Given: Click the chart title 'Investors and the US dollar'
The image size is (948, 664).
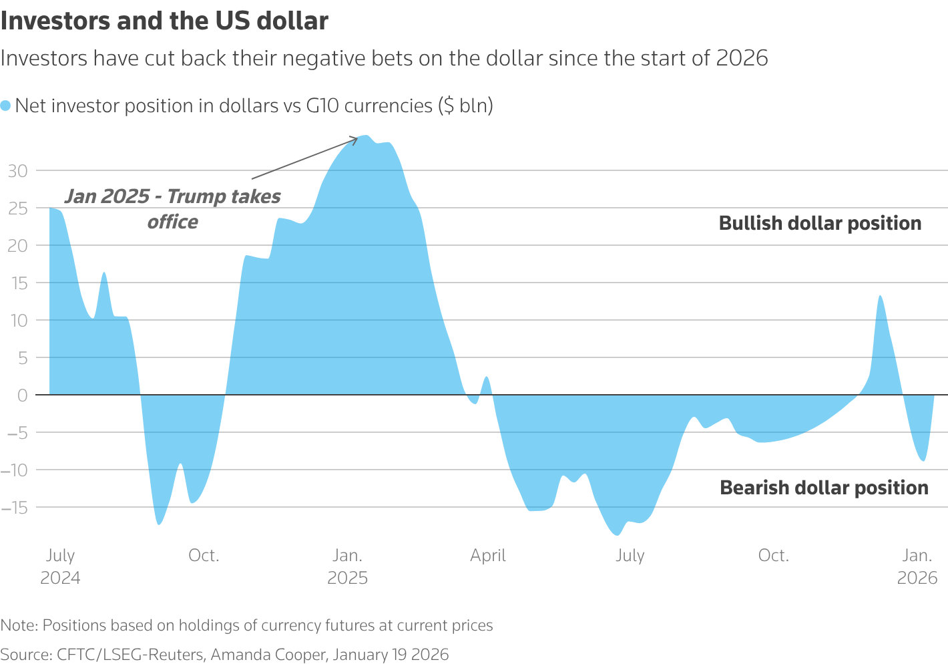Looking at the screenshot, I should tap(164, 21).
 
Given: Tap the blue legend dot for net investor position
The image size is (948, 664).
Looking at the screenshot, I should tap(6, 106).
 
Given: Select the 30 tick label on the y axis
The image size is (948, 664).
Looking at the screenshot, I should tap(17, 171).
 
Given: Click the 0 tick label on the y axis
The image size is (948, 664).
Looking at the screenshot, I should tap(22, 395).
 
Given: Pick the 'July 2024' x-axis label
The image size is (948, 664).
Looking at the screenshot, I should tap(60, 566).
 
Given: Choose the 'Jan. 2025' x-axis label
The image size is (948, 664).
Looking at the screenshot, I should tap(348, 566).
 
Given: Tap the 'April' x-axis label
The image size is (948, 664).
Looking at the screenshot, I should tap(488, 556).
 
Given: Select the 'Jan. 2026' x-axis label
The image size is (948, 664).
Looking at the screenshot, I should tap(917, 566).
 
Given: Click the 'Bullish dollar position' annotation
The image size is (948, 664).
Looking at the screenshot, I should tap(820, 223).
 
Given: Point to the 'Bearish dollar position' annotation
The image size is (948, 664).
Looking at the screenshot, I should tap(824, 488).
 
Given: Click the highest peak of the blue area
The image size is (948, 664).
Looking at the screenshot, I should tap(365, 136).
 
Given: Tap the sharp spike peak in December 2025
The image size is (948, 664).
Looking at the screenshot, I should tap(881, 296).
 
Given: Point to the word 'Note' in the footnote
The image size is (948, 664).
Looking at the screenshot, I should tap(17, 625).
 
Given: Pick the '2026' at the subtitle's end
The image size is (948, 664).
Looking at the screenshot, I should tap(742, 59).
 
